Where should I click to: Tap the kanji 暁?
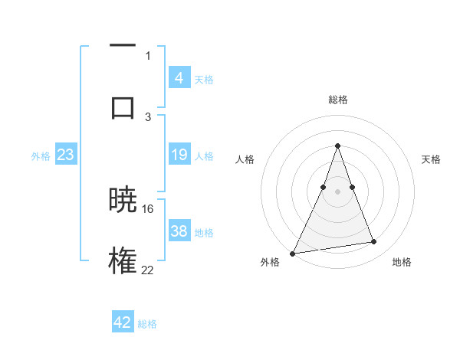tap(123, 201)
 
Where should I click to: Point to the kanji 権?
tap(123, 260)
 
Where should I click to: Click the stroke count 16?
tap(148, 208)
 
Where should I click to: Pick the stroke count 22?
tap(148, 269)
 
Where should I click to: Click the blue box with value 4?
tap(179, 77)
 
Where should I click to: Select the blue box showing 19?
tap(179, 155)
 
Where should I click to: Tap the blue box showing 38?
tap(179, 231)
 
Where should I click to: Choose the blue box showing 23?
tap(66, 155)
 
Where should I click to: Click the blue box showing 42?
tap(123, 322)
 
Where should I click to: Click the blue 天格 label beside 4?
tap(204, 79)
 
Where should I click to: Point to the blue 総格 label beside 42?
tap(147, 324)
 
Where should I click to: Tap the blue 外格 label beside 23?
tap(41, 156)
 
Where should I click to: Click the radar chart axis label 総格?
tap(338, 100)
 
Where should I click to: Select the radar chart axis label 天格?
tap(432, 159)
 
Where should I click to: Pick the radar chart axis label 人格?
tap(245, 159)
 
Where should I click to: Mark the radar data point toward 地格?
tap(374, 242)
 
